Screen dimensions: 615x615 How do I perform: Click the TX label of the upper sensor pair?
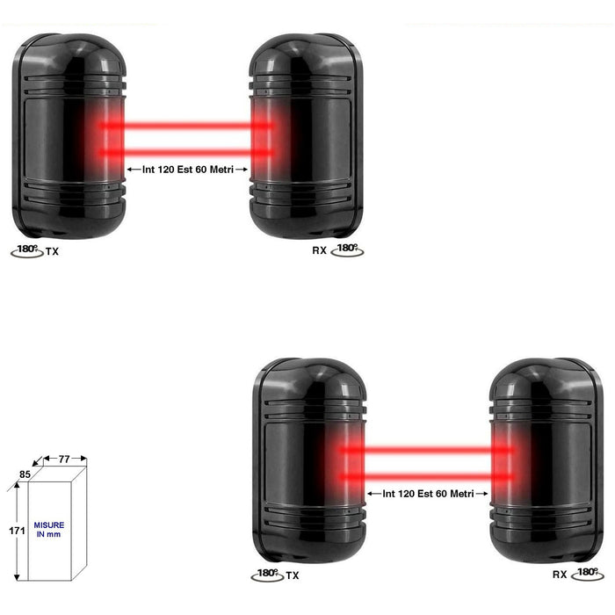52,251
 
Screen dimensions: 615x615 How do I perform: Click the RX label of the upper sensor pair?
319,250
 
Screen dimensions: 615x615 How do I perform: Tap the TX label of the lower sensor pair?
293,575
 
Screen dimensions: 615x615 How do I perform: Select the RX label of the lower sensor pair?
560,575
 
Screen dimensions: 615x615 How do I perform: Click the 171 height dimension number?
17,531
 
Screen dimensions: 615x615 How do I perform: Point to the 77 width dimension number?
64,459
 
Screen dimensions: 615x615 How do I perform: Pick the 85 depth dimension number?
25,474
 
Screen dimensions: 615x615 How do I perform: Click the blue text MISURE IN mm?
49,530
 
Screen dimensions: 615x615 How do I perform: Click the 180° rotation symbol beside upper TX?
27,251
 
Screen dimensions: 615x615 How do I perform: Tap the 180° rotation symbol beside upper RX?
347,250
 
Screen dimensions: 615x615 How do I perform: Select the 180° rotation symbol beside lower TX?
267,575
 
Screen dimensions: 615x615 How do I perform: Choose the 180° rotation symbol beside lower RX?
588,574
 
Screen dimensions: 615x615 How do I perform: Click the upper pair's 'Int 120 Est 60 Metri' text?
188,170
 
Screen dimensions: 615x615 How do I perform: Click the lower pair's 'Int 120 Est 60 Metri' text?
429,494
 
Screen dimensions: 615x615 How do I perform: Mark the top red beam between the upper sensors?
186,126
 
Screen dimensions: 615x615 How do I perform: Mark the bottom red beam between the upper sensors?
186,153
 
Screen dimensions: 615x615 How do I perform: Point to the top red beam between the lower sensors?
427,450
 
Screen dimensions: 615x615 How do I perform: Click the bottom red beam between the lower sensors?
427,477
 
